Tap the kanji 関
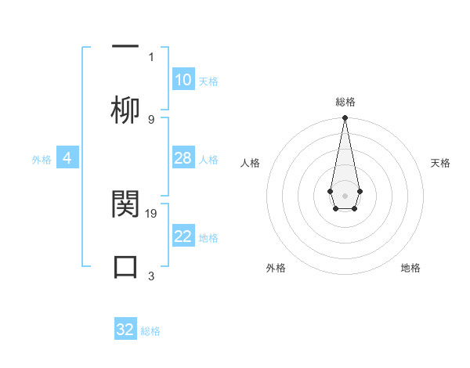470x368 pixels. click(x=125, y=204)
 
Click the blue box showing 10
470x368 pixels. click(x=183, y=80)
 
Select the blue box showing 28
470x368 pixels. click(x=183, y=158)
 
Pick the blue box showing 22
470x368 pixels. click(x=183, y=236)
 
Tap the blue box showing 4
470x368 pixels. click(x=67, y=158)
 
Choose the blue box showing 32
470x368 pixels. click(x=125, y=330)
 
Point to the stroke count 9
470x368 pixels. click(x=151, y=119)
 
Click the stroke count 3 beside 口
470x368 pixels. click(x=151, y=276)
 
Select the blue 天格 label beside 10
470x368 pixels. click(x=208, y=81)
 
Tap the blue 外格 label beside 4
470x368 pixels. click(x=42, y=160)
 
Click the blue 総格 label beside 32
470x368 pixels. click(x=150, y=331)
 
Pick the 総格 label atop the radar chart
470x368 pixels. click(x=345, y=102)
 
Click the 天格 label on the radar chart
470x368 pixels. click(x=440, y=163)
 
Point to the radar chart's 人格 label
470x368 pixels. click(x=250, y=163)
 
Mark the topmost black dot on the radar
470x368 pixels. click(x=345, y=118)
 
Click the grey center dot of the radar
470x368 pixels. click(x=345, y=194)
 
